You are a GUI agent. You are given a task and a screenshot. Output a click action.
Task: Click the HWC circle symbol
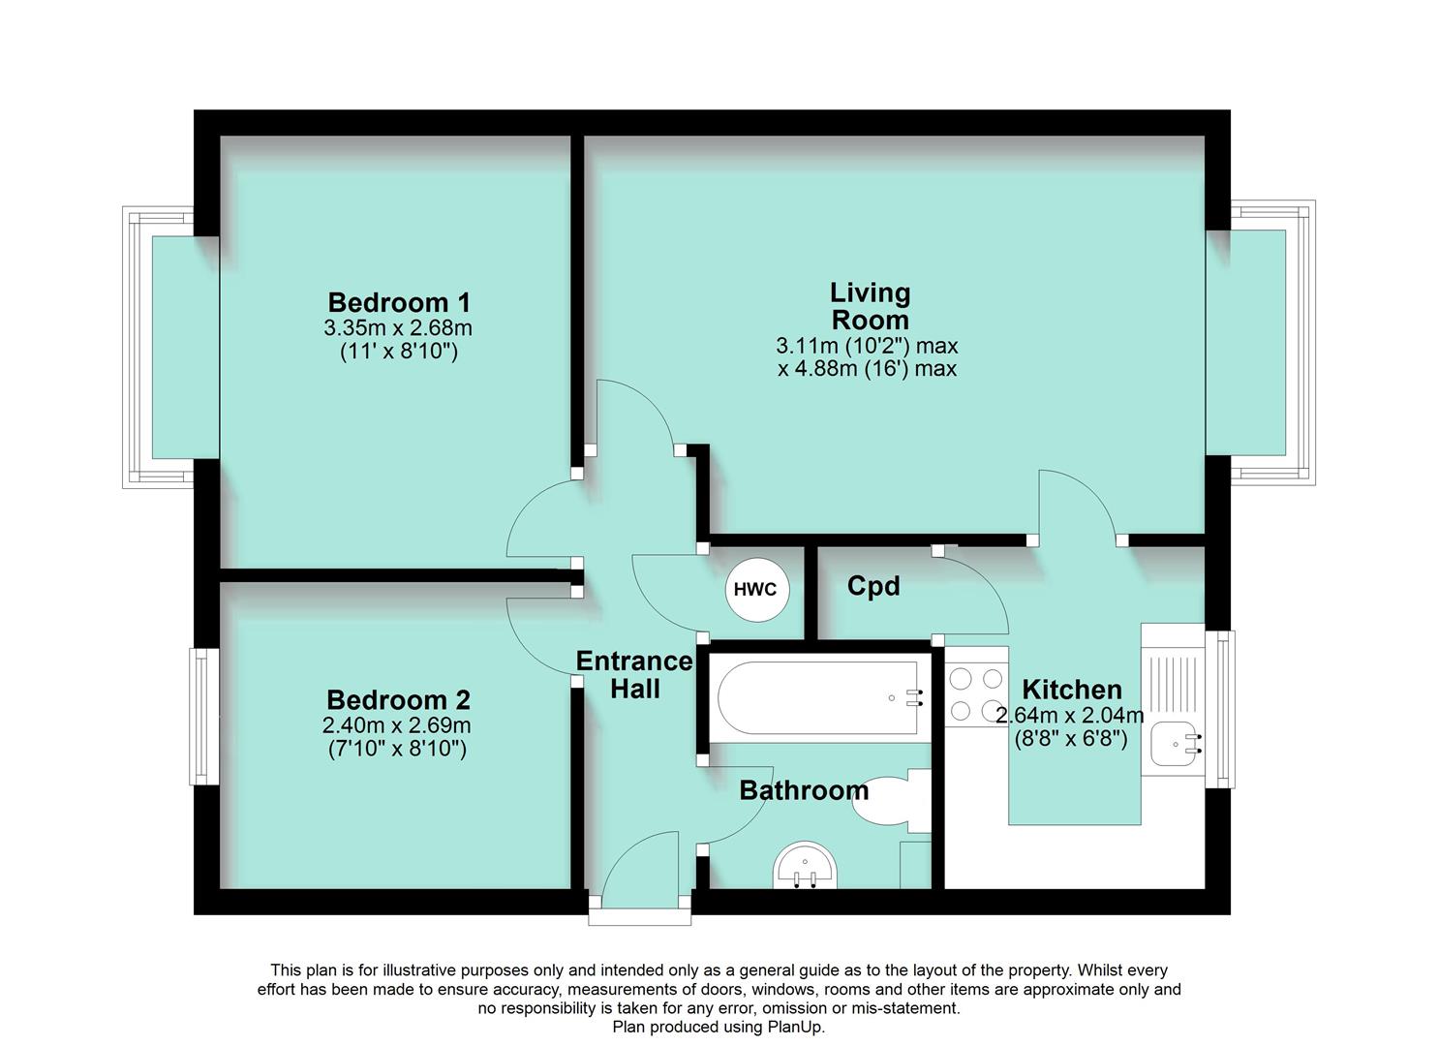click(x=754, y=589)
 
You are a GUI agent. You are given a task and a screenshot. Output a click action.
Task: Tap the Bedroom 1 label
click(x=398, y=302)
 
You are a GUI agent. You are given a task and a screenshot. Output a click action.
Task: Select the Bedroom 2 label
click(x=398, y=699)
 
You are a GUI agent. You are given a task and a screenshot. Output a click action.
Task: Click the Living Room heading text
click(x=870, y=306)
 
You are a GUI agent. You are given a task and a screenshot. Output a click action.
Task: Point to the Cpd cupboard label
click(x=872, y=586)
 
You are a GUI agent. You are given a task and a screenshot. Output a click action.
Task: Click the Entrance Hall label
click(x=634, y=675)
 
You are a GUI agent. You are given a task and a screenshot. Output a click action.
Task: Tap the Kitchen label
click(x=1072, y=690)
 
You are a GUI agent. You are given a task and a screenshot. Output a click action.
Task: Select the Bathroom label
click(x=804, y=790)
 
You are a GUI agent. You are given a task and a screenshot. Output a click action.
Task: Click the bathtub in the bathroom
click(x=819, y=697)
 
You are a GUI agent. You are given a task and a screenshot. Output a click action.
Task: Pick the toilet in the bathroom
click(x=886, y=800)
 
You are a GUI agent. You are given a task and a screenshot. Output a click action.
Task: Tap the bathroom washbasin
click(x=806, y=865)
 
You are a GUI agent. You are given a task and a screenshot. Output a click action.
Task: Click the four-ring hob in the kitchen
click(x=976, y=694)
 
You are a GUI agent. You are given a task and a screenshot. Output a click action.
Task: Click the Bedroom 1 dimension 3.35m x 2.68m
click(x=398, y=327)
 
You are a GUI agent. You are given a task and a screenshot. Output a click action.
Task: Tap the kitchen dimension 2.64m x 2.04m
click(x=1070, y=716)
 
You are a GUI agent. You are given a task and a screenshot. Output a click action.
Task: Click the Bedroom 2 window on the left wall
click(x=200, y=716)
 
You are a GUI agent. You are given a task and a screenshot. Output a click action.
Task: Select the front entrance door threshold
click(x=640, y=917)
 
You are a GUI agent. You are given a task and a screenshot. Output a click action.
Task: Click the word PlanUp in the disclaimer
click(x=794, y=1027)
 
